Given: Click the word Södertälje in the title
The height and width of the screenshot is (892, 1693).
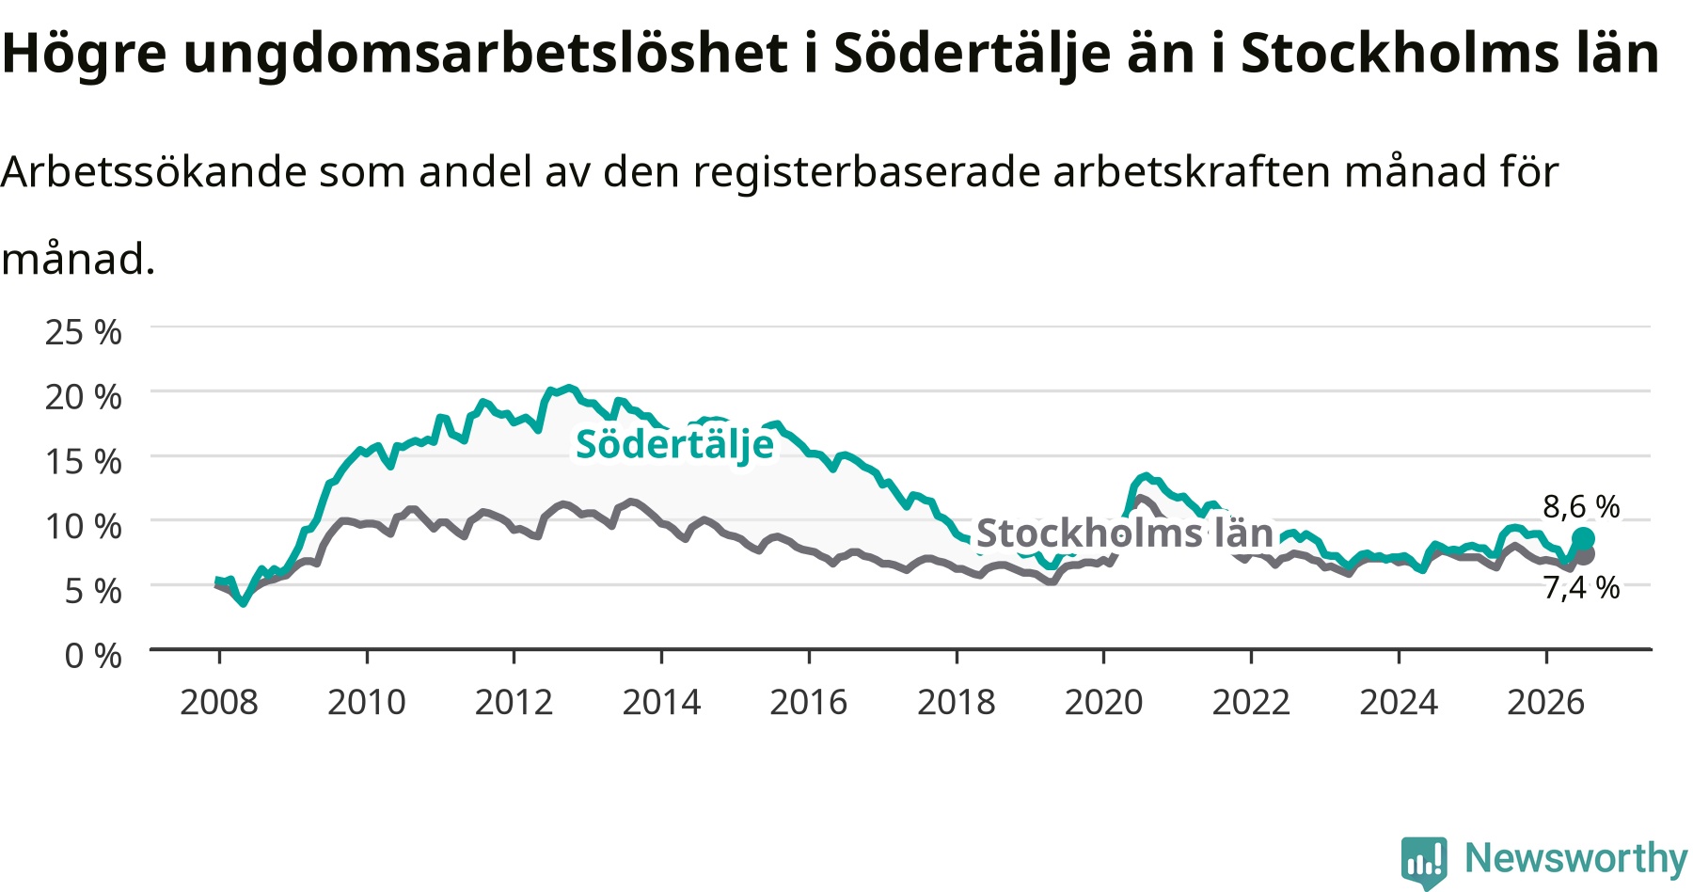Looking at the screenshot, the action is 972,54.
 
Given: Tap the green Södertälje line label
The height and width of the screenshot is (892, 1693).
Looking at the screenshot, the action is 674,444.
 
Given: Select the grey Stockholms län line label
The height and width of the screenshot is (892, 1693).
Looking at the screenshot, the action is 1125,534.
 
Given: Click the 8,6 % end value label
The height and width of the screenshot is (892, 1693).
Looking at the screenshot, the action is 1581,506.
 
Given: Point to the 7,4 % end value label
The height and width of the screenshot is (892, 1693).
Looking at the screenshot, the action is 1581,587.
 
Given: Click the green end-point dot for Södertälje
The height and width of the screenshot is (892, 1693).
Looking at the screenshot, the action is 1583,538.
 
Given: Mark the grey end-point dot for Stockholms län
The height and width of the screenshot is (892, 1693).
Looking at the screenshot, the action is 1585,555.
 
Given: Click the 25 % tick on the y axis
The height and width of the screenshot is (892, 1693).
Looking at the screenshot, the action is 84,332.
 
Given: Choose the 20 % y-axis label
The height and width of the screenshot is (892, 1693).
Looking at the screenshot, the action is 84,397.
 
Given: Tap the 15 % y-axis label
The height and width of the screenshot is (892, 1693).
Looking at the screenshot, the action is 84,461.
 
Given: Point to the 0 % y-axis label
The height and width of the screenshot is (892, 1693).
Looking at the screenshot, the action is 93,655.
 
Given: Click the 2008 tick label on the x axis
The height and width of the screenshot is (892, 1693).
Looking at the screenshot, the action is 218,702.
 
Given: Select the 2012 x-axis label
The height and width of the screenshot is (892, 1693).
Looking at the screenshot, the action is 514,702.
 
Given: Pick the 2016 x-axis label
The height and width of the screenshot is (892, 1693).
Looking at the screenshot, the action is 809,702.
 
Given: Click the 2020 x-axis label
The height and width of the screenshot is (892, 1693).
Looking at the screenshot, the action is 1103,702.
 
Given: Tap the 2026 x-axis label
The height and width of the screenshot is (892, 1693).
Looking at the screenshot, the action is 1546,702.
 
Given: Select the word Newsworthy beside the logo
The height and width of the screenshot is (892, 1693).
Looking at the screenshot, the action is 1576,858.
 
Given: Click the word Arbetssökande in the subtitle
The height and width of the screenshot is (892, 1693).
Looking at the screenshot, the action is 154,172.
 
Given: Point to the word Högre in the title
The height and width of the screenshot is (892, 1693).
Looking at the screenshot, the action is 85,55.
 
